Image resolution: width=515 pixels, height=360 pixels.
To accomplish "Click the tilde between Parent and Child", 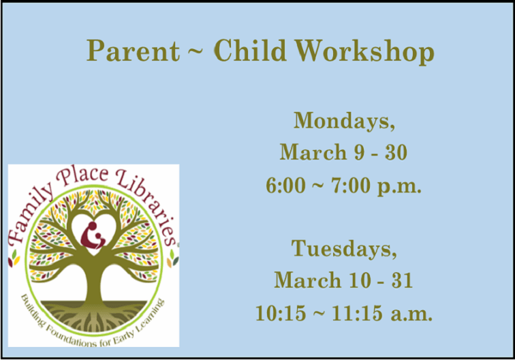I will (x=194, y=52).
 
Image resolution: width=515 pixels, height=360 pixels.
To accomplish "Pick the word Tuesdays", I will (x=344, y=249).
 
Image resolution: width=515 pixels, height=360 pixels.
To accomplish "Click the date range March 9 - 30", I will (x=343, y=153).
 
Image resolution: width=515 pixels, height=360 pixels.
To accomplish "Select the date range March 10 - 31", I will (x=343, y=280).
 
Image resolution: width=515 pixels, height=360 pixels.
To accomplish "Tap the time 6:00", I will (x=285, y=185).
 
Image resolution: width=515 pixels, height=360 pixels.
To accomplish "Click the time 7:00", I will (x=349, y=185).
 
